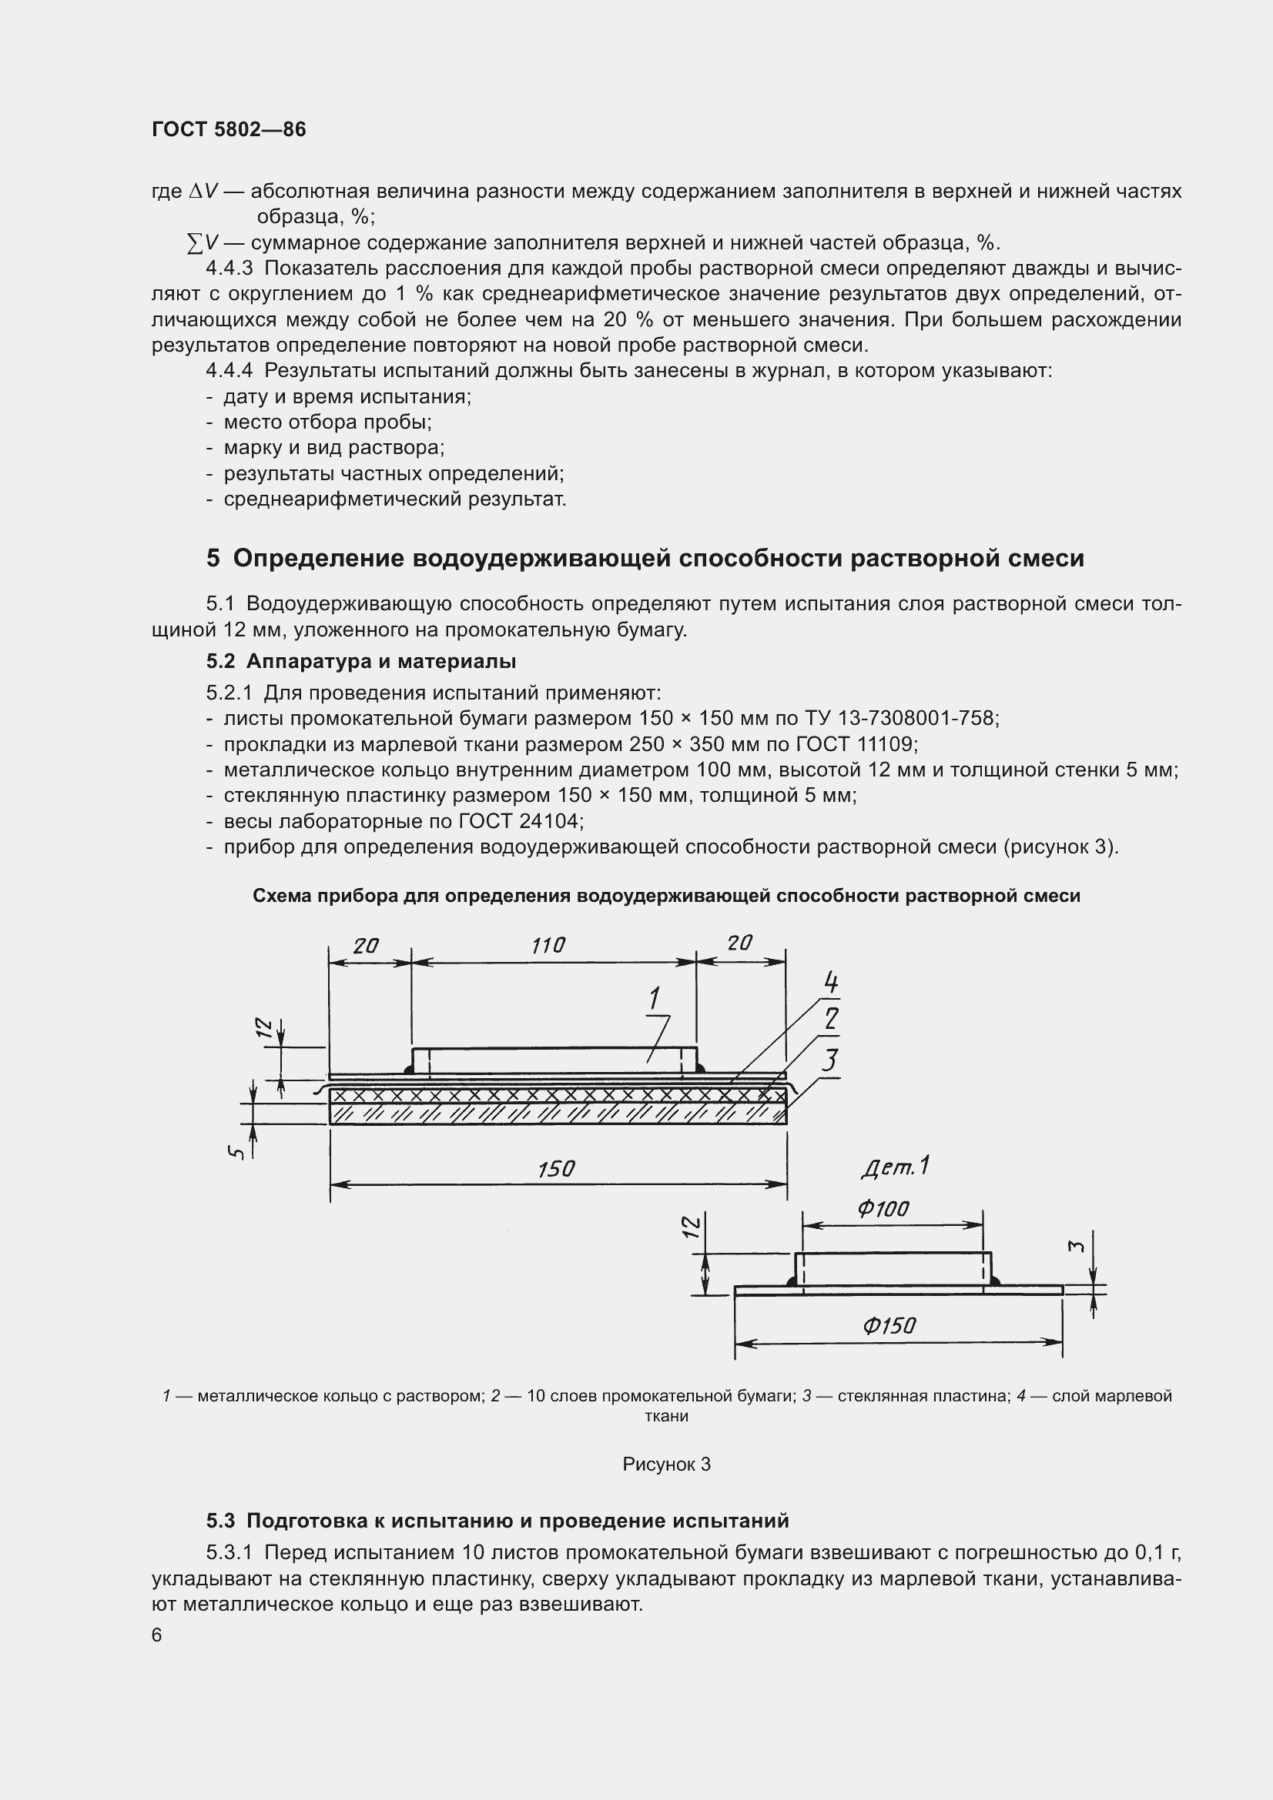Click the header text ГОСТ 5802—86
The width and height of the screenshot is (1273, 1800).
point(228,129)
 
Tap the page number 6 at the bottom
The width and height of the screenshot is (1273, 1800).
point(157,1635)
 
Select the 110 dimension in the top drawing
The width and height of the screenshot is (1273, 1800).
point(548,947)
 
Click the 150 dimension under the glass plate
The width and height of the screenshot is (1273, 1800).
point(556,1170)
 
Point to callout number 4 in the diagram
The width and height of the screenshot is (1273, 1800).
point(831,982)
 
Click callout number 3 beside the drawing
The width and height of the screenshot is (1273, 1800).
point(829,1060)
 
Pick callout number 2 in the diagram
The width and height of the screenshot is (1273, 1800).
point(832,1019)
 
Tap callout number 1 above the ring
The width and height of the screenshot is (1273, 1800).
point(654,999)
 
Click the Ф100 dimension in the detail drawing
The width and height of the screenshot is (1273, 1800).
point(883,1209)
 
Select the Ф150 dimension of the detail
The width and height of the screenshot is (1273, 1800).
point(889,1326)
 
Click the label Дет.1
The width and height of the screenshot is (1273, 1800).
point(895,1167)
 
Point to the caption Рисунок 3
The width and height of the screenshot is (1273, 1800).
point(666,1464)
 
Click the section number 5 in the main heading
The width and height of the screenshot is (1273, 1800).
point(213,558)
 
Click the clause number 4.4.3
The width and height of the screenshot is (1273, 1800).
point(229,269)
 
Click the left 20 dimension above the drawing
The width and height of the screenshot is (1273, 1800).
point(366,947)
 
